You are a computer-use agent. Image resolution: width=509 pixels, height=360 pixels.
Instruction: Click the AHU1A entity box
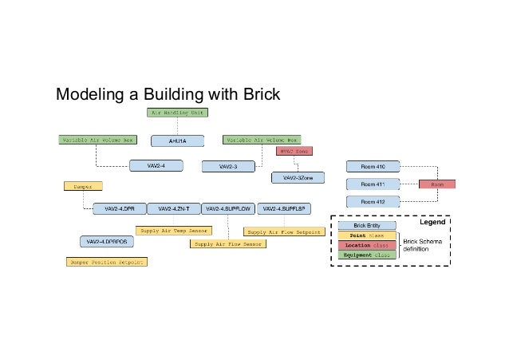178,140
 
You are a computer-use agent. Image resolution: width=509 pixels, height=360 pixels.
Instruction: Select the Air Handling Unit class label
176,113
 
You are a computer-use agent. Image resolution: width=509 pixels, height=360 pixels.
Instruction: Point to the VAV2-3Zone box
298,177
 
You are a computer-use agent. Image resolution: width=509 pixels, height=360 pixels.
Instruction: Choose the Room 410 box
373,166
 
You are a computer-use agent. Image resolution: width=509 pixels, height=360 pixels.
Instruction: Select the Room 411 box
373,184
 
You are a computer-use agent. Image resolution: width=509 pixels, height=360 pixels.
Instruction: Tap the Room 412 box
373,202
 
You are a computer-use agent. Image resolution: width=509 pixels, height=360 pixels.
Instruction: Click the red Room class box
437,184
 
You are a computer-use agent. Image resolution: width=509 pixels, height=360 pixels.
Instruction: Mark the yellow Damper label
83,186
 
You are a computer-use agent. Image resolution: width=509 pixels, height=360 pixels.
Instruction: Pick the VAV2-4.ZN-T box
173,208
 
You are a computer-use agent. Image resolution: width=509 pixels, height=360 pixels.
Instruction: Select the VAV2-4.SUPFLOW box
228,208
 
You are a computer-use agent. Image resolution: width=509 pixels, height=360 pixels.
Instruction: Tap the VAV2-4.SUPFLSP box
284,208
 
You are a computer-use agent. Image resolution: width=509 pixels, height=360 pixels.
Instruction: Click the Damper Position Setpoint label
107,261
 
